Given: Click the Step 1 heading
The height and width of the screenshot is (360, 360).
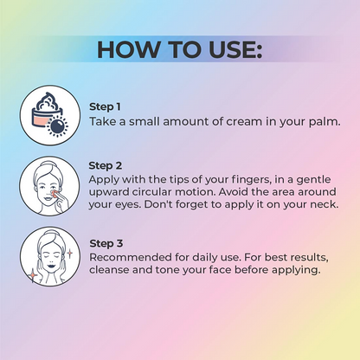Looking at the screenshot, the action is [x=105, y=106].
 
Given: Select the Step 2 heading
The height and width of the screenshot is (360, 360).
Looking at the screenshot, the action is [x=106, y=165].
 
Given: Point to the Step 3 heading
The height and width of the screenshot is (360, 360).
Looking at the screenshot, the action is [x=106, y=243].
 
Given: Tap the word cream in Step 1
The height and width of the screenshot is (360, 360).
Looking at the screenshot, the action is [x=244, y=121].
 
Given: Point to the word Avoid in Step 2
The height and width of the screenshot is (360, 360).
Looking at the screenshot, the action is [x=234, y=192].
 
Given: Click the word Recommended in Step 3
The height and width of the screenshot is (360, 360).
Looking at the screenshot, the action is [x=131, y=257].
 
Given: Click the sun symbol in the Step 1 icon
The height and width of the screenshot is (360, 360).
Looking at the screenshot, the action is [x=57, y=127].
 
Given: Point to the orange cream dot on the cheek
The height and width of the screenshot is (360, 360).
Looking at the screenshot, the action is [x=54, y=193].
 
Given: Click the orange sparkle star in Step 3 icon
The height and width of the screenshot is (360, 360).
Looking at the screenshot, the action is [x=33, y=274].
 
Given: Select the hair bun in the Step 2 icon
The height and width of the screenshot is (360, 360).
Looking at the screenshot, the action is [x=49, y=164].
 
